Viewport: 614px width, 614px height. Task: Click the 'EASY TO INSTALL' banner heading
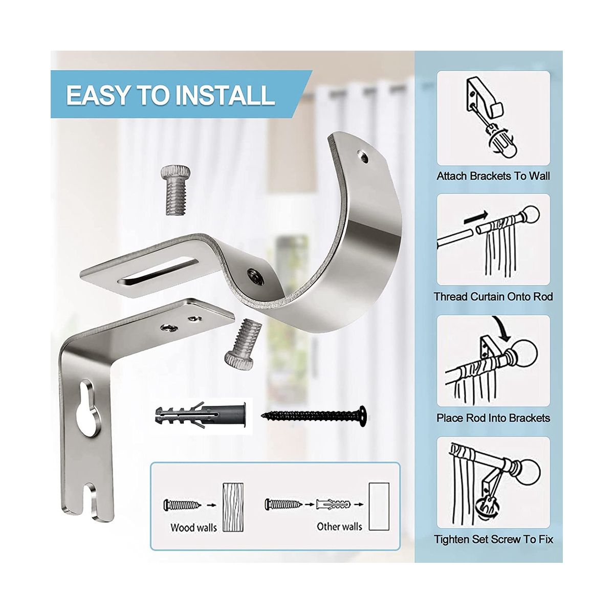pyautogui.click(x=170, y=95)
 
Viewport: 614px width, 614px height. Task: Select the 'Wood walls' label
pyautogui.click(x=193, y=527)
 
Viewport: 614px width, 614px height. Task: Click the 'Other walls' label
pyautogui.click(x=339, y=526)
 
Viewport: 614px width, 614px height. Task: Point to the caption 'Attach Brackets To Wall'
pyautogui.click(x=493, y=176)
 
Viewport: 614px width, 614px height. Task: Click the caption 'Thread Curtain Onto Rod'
pyautogui.click(x=493, y=296)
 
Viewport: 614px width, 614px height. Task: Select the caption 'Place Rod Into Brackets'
pyautogui.click(x=493, y=418)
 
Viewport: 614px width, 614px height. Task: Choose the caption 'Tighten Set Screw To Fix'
pyautogui.click(x=493, y=539)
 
